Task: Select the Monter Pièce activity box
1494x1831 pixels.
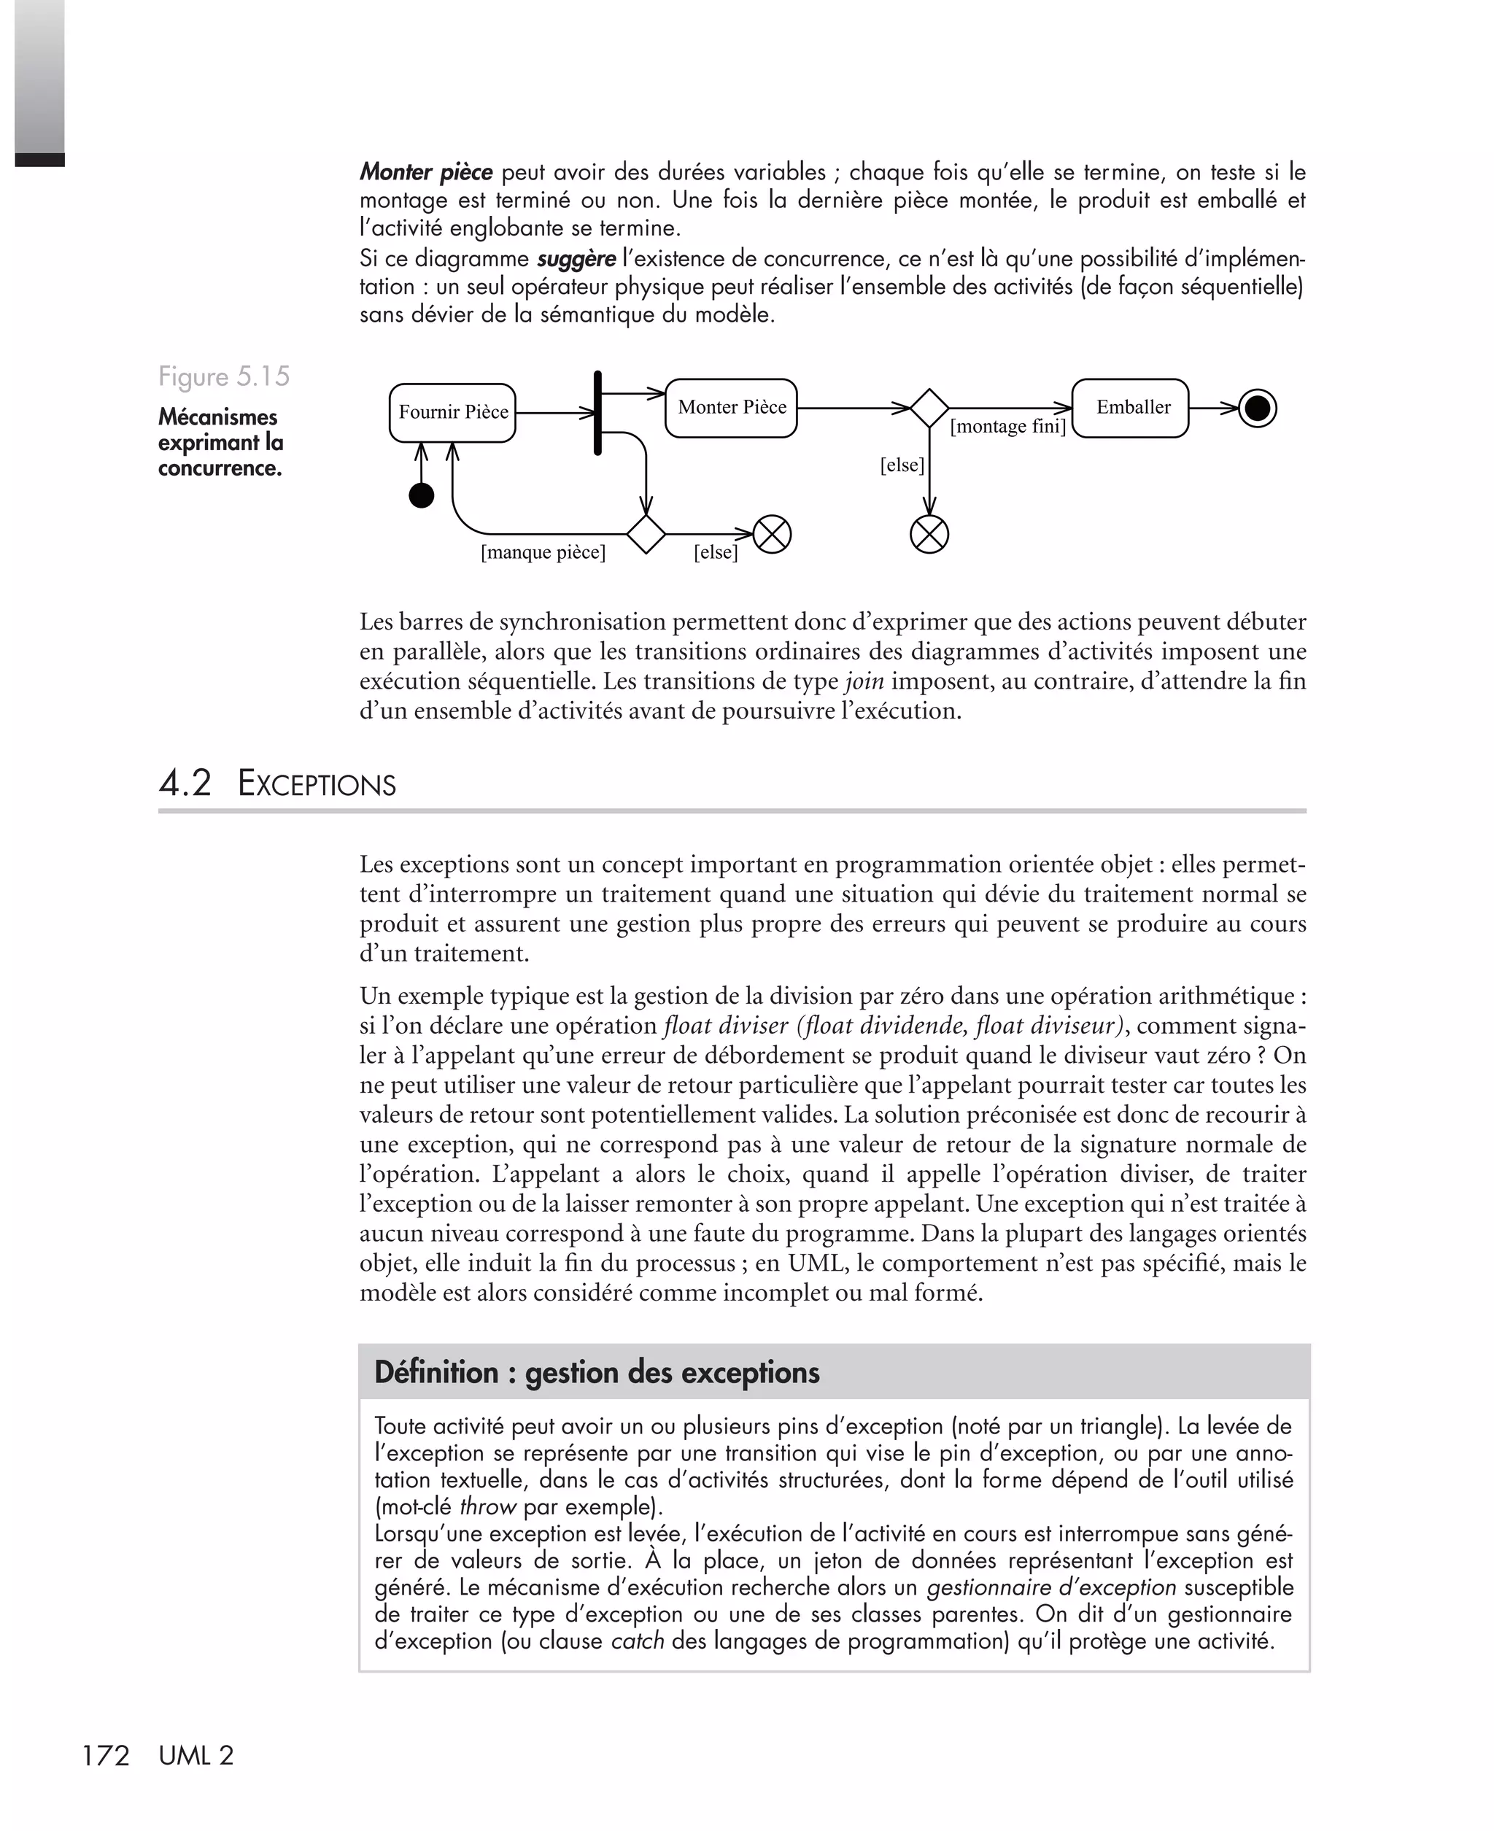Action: (732, 408)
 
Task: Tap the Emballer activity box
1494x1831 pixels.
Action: (1130, 408)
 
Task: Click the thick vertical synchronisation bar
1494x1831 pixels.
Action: (598, 413)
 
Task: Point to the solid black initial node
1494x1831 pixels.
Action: (421, 495)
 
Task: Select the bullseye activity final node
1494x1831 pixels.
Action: (1258, 409)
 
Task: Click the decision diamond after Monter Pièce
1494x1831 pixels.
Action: (929, 408)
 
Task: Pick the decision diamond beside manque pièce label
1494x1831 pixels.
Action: (646, 534)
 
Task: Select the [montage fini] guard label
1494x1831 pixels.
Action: (1007, 426)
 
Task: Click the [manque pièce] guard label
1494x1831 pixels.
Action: (543, 552)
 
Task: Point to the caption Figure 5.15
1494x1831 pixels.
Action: (224, 377)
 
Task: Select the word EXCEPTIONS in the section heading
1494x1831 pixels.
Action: (317, 785)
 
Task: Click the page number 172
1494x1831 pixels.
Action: (105, 1755)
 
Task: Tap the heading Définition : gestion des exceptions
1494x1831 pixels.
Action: (597, 1372)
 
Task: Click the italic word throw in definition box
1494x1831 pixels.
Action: (487, 1506)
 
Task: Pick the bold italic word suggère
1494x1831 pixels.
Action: (576, 259)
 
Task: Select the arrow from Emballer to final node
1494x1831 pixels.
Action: (1213, 409)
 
